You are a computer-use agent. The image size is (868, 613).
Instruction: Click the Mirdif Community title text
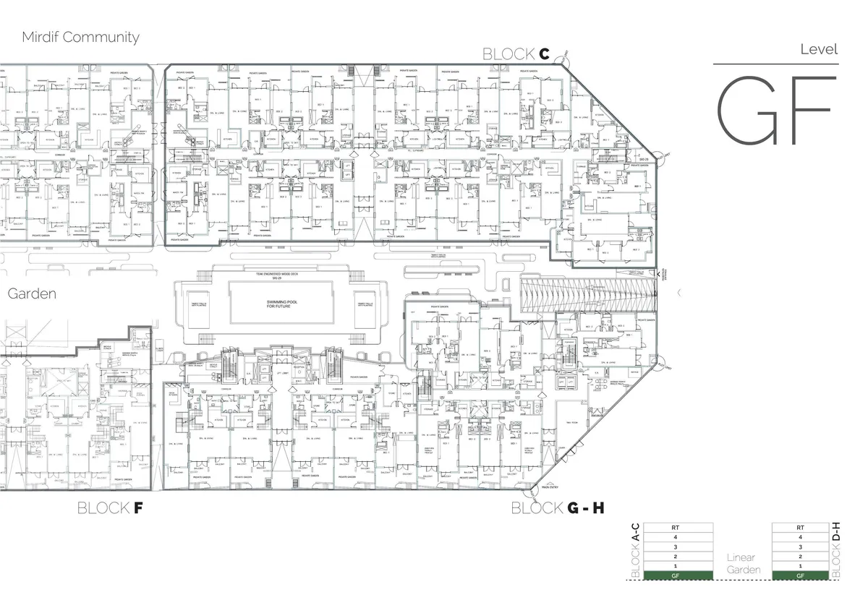(x=80, y=37)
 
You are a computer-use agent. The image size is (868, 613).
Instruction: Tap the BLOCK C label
(x=516, y=54)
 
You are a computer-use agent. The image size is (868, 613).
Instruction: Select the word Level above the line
(x=819, y=50)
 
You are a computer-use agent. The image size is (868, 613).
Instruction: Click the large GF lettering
(x=775, y=109)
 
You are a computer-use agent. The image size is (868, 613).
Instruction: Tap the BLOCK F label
(x=110, y=508)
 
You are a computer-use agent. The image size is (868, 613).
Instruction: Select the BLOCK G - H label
(x=558, y=508)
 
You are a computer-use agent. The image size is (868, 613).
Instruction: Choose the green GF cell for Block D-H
(x=800, y=575)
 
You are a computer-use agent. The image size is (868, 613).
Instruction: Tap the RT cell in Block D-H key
(x=800, y=528)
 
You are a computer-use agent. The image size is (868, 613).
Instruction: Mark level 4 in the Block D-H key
(x=800, y=537)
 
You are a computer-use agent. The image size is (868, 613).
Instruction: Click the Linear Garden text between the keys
(x=744, y=564)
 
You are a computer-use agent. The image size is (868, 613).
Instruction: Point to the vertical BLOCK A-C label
(x=636, y=551)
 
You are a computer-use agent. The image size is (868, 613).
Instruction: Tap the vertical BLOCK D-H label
(x=836, y=551)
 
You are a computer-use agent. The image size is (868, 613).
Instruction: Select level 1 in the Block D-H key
(x=800, y=565)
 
